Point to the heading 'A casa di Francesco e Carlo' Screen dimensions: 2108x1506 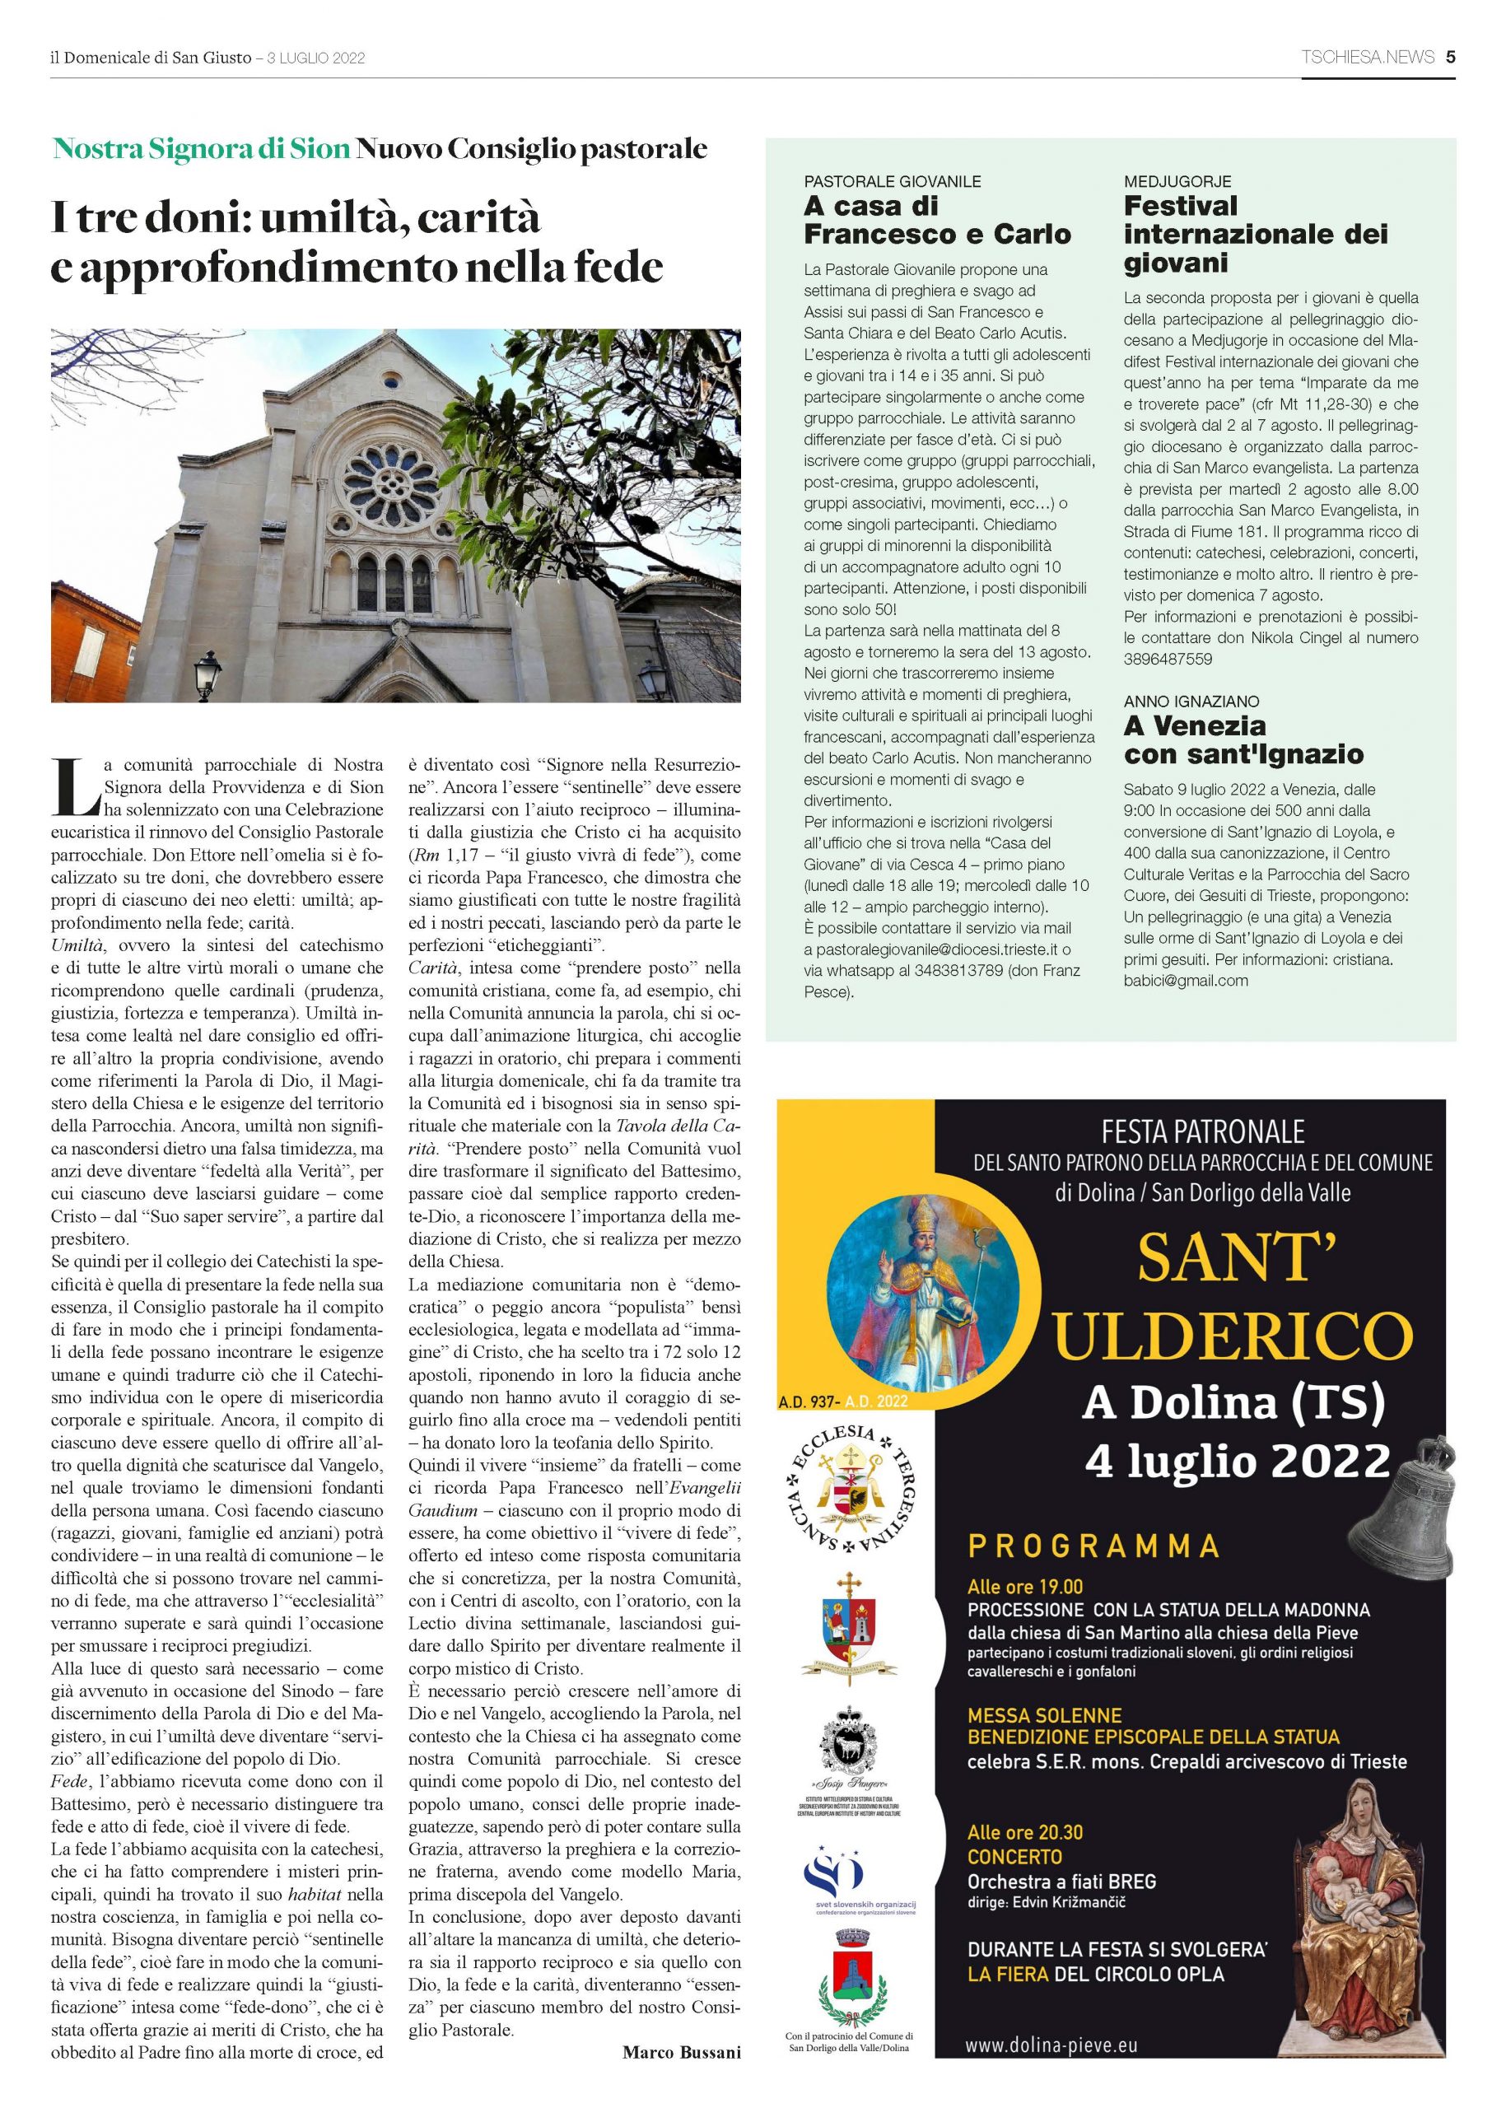click(x=936, y=220)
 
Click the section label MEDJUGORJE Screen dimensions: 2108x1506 click(x=1177, y=182)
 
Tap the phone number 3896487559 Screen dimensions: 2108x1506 click(x=1168, y=660)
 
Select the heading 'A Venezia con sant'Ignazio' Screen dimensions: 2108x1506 click(x=1243, y=739)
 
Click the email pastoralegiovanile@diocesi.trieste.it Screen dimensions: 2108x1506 click(x=936, y=949)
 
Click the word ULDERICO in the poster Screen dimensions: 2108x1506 click(x=1233, y=1336)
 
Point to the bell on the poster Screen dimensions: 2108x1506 click(x=1397, y=1496)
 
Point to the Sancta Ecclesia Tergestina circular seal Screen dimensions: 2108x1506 click(x=851, y=1490)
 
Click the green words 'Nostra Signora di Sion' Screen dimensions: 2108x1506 click(x=201, y=148)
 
